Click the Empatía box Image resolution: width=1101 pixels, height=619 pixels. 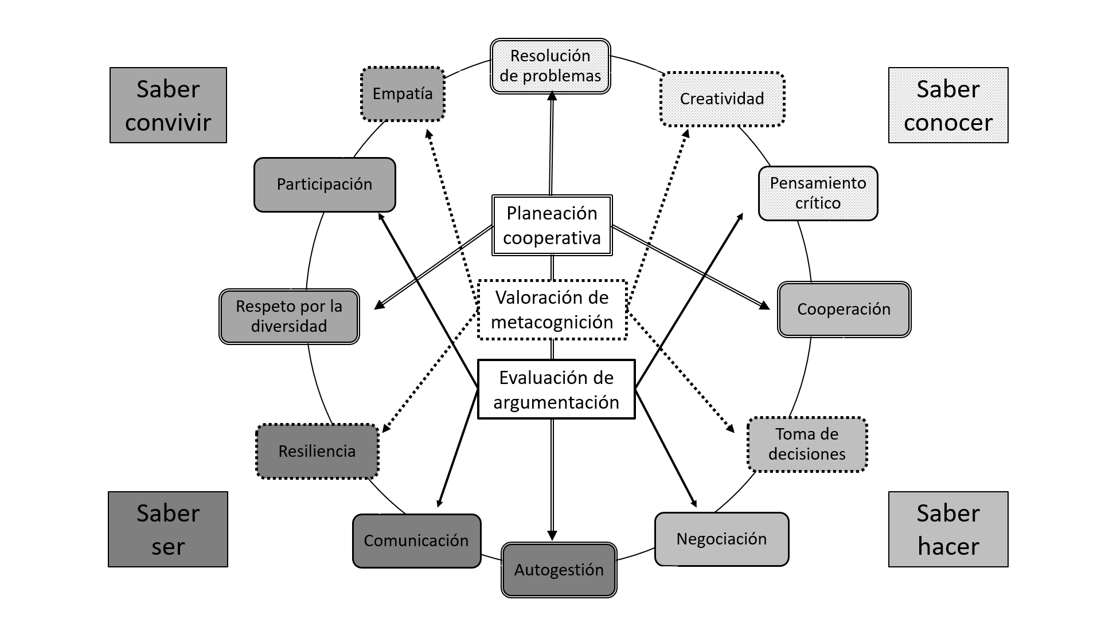403,94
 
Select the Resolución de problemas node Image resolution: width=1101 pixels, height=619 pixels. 550,66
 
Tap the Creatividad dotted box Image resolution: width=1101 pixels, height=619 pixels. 722,99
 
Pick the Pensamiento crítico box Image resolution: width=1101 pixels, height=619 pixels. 818,193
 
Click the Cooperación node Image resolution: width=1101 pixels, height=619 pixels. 844,309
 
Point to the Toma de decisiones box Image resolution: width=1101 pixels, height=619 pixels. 807,444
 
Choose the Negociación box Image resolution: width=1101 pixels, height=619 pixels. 721,539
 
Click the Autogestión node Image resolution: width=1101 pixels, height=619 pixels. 559,570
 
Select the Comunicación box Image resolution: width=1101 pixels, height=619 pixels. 416,540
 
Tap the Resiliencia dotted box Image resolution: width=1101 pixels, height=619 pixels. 317,451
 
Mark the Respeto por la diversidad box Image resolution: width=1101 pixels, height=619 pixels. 289,316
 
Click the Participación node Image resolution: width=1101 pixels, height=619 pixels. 325,185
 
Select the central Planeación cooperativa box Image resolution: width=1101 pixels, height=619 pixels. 552,225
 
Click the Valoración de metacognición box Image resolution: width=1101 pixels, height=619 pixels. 552,309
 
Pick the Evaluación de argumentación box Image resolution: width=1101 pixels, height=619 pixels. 556,390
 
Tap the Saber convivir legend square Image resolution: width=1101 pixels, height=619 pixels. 168,105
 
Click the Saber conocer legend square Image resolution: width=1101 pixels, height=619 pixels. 948,105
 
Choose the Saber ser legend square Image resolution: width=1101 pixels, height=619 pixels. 168,529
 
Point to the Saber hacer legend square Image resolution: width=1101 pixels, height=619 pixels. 948,529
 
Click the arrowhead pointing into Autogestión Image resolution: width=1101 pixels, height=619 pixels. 552,535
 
